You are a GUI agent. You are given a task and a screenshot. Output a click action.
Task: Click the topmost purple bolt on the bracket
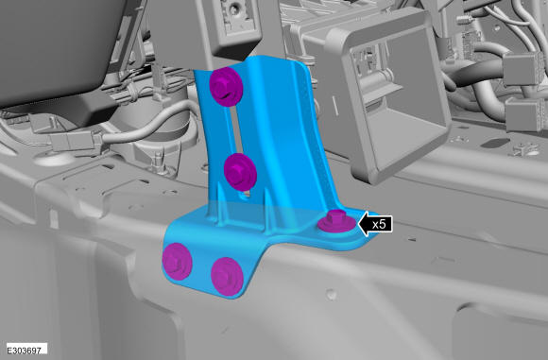tap(226, 86)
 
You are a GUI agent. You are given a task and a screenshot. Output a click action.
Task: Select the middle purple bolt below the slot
tap(240, 172)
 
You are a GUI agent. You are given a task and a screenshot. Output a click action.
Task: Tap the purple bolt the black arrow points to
tap(336, 221)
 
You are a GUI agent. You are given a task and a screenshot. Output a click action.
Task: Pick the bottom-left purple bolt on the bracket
tap(178, 262)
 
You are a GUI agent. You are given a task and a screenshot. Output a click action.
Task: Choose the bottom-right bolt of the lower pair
tap(227, 277)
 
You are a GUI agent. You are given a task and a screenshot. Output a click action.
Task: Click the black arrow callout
tap(375, 224)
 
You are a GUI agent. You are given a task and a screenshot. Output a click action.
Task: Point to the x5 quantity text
tap(379, 224)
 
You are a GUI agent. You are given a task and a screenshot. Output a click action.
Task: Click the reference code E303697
tap(24, 350)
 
